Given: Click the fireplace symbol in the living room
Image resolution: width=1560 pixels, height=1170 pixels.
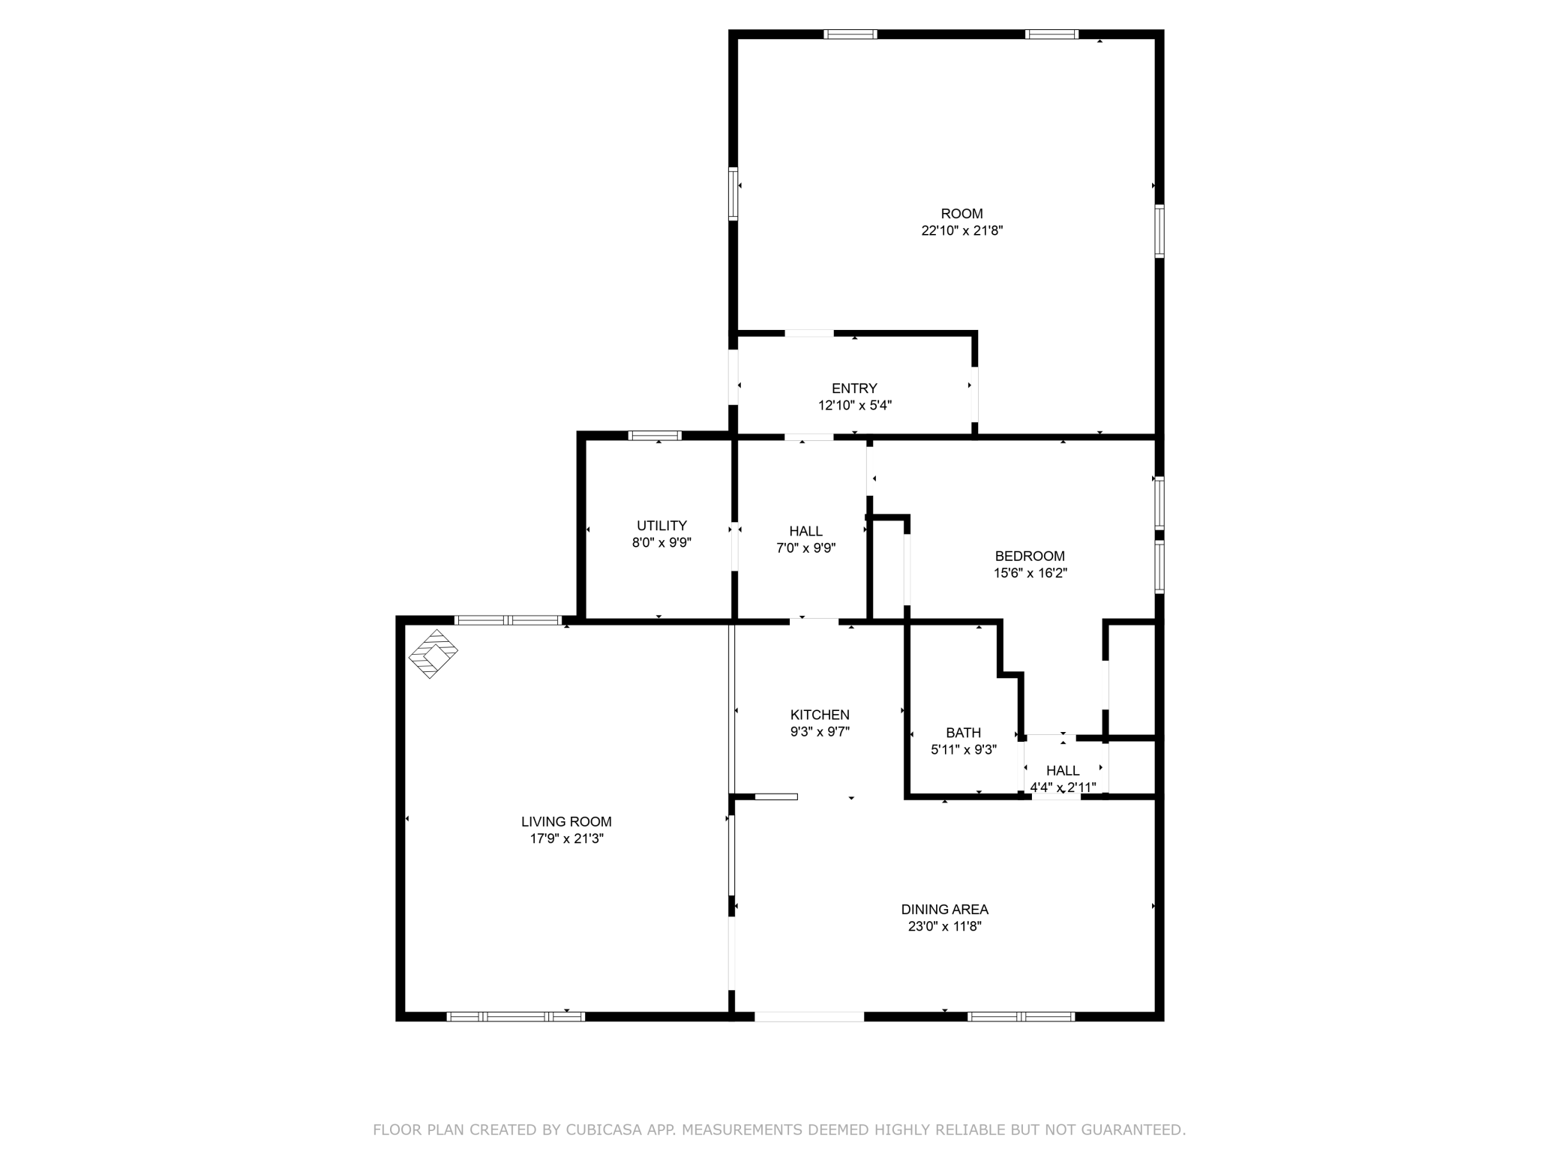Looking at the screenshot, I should coord(433,653).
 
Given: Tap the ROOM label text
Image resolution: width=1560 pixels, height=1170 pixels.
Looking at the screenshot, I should coord(961,214).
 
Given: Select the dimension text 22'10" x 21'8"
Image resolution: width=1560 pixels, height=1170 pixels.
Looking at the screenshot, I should coord(961,231).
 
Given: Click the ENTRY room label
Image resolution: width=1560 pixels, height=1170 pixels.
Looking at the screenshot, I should coord(854,388).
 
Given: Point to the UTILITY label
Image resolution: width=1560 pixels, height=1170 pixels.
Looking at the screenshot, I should coord(661,526).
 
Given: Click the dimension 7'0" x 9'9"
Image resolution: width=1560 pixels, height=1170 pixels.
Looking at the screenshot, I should coord(805,548).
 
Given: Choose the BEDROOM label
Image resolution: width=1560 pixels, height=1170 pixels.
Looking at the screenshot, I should coord(1030,556).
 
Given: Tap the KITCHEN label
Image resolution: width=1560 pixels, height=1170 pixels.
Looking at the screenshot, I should coord(820,715).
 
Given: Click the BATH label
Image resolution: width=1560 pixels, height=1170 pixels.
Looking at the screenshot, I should coord(963,733).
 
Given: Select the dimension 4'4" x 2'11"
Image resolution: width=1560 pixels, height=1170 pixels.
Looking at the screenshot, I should coord(1063,787).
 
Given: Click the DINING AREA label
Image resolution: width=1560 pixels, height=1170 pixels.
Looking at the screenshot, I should coord(944,909).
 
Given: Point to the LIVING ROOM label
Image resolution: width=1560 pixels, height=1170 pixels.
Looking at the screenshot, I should coord(566,822).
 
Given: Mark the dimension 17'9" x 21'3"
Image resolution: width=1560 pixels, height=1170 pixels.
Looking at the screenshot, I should coord(566,838).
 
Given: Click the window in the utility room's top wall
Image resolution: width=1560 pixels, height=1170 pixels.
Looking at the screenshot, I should coord(654,436).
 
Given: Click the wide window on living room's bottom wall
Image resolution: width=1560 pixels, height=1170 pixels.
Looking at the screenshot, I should coord(515,1016).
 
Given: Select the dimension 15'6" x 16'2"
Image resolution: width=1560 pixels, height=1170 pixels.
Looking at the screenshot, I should coord(1030,573).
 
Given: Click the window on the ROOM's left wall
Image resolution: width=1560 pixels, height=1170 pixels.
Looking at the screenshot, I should coord(733,194).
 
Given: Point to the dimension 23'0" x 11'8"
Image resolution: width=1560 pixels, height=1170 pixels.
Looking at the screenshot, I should coord(944,926).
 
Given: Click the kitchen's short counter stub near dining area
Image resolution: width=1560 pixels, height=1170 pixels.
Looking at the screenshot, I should coord(775,796).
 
